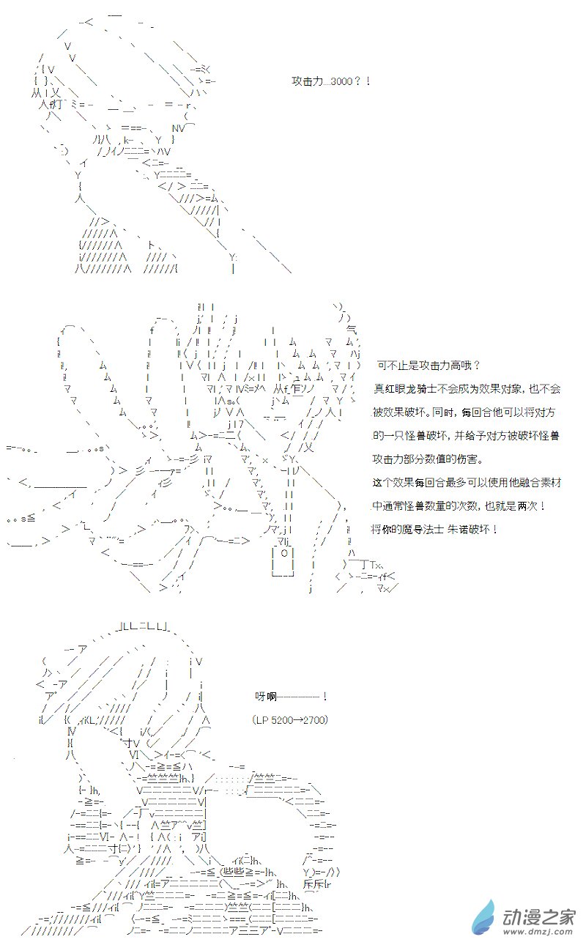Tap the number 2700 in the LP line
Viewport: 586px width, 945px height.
click(x=316, y=720)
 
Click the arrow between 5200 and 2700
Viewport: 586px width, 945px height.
click(x=300, y=720)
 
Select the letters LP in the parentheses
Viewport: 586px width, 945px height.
click(x=262, y=720)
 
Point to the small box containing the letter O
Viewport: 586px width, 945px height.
click(x=283, y=555)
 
